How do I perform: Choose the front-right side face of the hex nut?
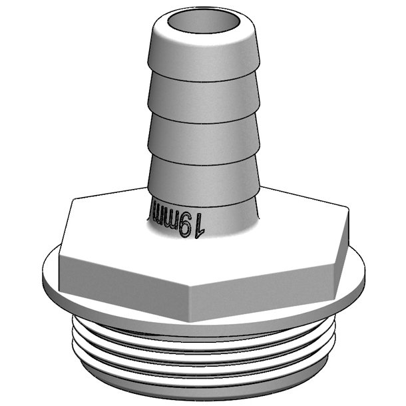(x=266, y=280)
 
